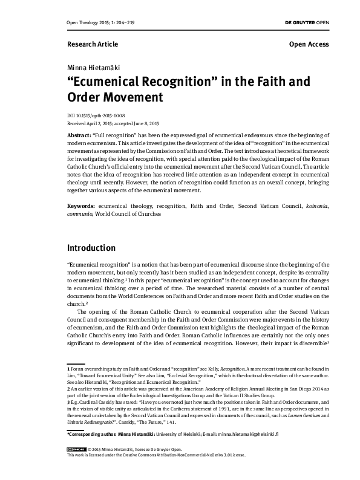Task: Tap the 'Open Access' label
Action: click(x=309, y=44)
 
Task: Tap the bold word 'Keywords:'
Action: click(x=82, y=206)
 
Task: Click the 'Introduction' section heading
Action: click(x=99, y=248)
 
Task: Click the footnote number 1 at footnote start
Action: click(x=68, y=368)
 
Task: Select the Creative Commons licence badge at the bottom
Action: click(x=76, y=466)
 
